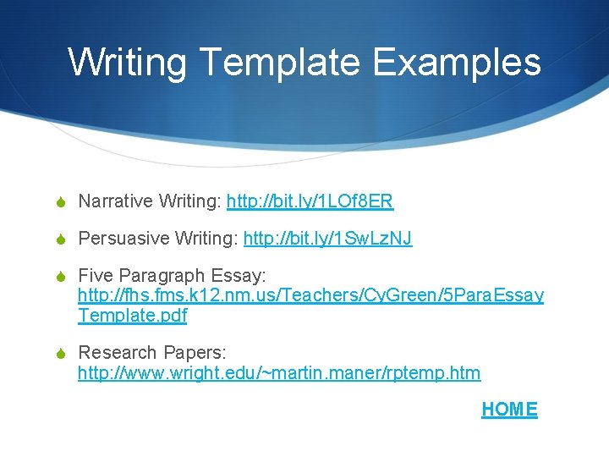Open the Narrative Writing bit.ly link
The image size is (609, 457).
pos(310,201)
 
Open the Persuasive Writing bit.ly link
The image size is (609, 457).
pos(327,240)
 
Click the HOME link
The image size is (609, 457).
pos(509,410)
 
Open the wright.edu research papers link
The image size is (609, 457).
pos(279,373)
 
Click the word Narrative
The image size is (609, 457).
pos(115,201)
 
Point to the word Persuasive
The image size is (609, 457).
pos(123,240)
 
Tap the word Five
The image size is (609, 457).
pos(94,277)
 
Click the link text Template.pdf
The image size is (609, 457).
pos(132,317)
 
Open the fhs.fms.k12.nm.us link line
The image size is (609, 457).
pos(310,297)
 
